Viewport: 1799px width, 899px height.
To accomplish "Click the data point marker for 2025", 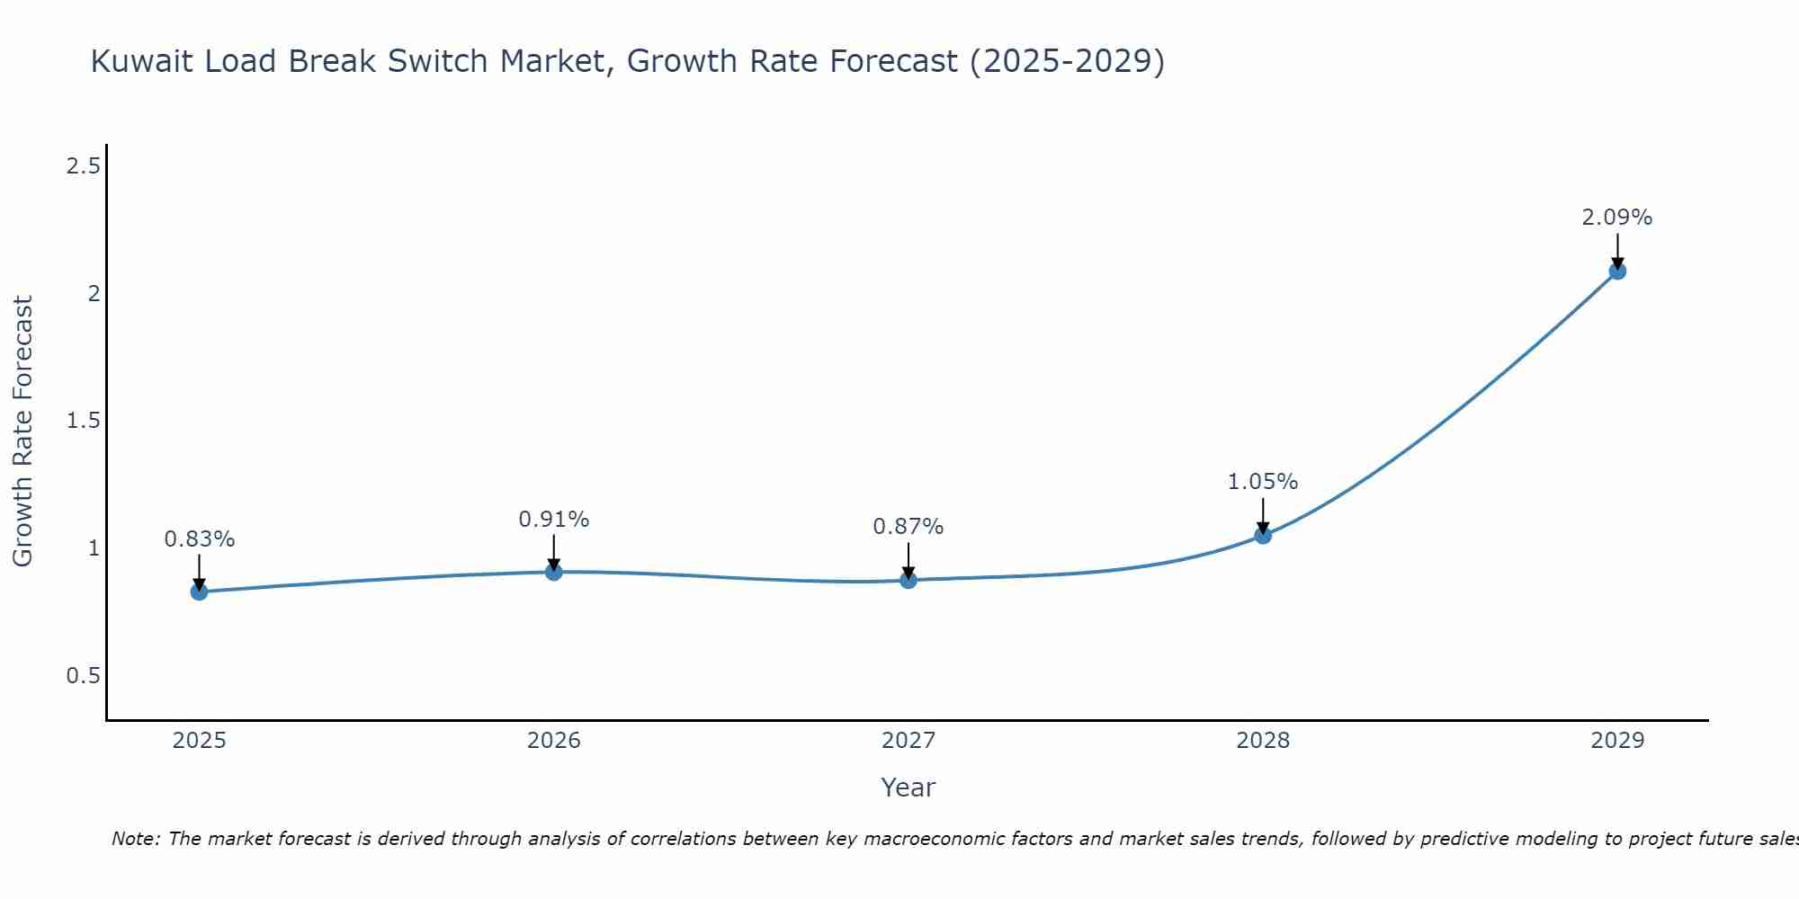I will pos(199,592).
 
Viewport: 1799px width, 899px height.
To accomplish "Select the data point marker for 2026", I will pos(553,572).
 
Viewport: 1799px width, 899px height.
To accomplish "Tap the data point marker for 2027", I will pos(908,580).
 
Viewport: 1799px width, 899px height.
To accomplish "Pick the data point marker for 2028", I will pos(1262,536).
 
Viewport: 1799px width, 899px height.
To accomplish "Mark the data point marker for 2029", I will pos(1616,271).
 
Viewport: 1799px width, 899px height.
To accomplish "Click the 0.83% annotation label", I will pos(199,539).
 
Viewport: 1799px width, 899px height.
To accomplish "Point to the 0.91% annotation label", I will pos(553,520).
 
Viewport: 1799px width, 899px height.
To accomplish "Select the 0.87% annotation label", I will pos(908,527).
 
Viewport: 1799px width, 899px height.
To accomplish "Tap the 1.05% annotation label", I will pos(1262,482).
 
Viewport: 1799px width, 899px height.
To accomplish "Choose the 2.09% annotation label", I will pos(1616,218).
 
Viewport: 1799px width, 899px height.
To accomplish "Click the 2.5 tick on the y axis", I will pos(83,166).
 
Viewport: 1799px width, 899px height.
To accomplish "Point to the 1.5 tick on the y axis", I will pos(83,421).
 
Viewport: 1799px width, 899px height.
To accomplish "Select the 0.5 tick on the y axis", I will pos(83,676).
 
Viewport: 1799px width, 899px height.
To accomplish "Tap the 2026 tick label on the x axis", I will pos(553,741).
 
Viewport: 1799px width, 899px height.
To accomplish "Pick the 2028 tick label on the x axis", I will pos(1262,741).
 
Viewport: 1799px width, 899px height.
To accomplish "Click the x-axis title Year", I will pos(908,788).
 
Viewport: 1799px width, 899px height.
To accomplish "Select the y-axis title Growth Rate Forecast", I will pos(22,432).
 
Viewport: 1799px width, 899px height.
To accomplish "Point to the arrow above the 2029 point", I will pos(1616,249).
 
